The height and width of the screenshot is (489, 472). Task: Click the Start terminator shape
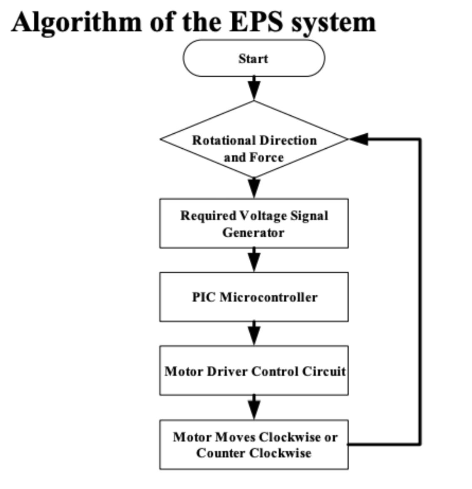click(253, 58)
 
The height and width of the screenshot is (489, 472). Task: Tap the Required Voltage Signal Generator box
click(253, 224)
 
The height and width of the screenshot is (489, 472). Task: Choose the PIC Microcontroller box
click(253, 297)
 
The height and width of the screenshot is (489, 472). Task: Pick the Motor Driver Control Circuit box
click(253, 371)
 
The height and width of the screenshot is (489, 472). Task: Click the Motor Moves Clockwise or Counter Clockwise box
click(253, 445)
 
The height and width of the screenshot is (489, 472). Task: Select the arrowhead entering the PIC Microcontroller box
click(254, 263)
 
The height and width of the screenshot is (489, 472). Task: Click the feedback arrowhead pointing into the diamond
click(359, 139)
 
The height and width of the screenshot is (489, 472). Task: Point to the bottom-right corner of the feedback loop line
click(420, 444)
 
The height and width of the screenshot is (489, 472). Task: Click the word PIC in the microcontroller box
click(204, 297)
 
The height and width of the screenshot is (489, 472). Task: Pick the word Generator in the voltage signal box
click(253, 232)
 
